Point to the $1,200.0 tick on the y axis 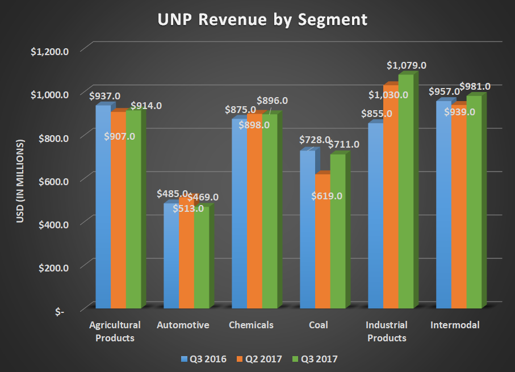[x=50, y=51]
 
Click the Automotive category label [x=183, y=325]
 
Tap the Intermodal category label [x=455, y=325]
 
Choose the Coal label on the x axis [x=319, y=325]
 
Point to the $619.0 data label [x=326, y=197]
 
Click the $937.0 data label [x=104, y=96]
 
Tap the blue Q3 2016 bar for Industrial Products [x=375, y=216]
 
